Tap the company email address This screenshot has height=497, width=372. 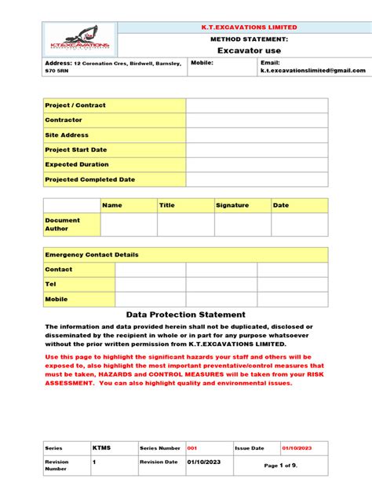tap(313, 70)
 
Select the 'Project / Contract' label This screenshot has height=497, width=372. tap(75, 105)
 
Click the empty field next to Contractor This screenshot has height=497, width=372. tap(257, 120)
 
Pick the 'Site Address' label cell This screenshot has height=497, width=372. tap(67, 135)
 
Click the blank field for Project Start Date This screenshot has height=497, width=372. tap(257, 149)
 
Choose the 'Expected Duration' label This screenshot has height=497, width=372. tap(78, 164)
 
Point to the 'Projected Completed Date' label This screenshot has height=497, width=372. tap(90, 179)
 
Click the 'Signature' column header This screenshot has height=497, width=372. tap(232, 205)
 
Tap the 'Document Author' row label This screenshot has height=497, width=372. tap(63, 224)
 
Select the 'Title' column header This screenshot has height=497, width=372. tap(167, 205)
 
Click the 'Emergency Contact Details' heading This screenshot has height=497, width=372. tap(92, 255)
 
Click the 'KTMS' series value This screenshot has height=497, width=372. tap(102, 447)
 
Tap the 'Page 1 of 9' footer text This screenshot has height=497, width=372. tap(281, 466)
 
